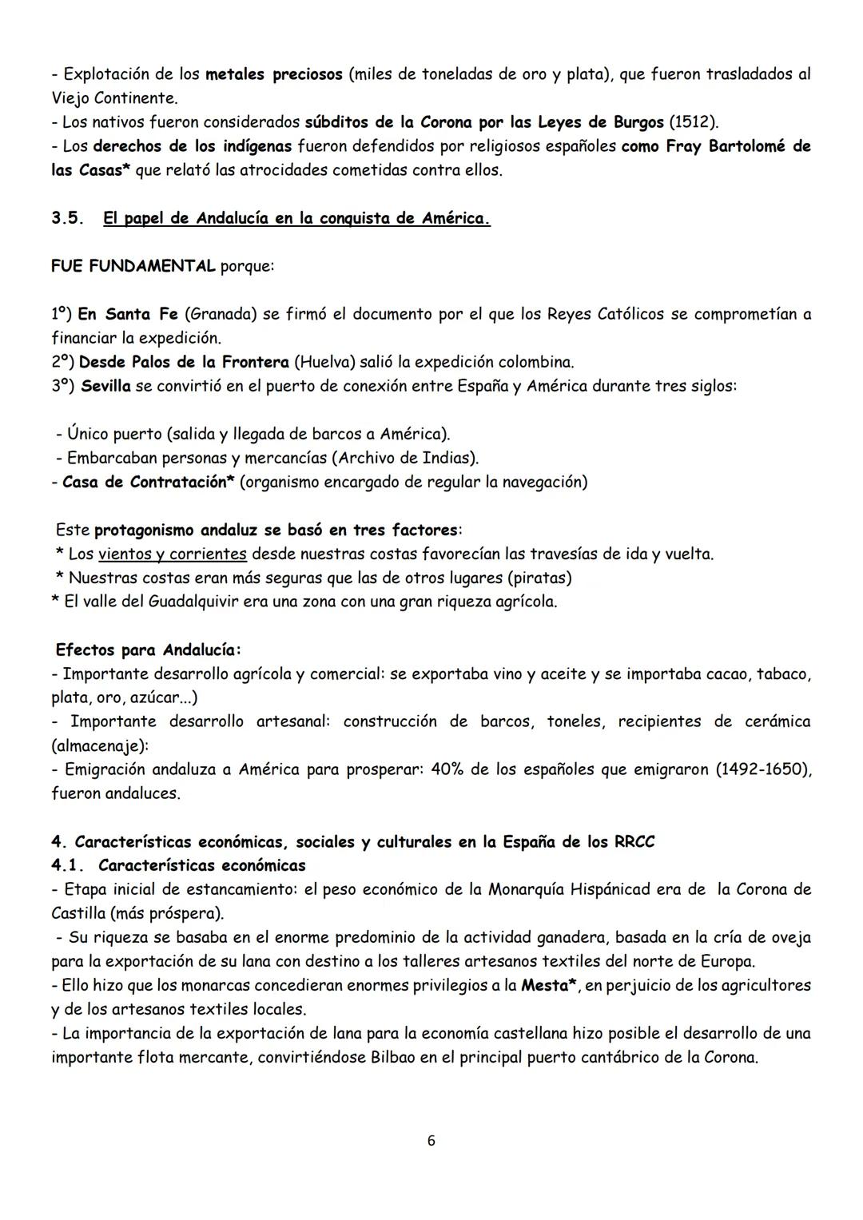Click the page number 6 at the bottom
[x=431, y=1141]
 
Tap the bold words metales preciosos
[x=274, y=74]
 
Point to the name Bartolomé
[x=748, y=146]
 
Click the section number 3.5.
[x=67, y=218]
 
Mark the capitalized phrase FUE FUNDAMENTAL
[x=133, y=266]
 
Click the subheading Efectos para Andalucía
[x=149, y=650]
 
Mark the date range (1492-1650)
[x=763, y=769]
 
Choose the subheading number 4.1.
[x=67, y=865]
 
